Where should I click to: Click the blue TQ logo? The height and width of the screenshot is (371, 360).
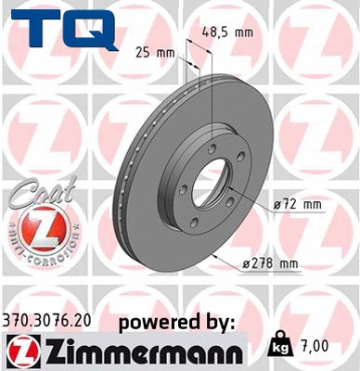[x=64, y=28]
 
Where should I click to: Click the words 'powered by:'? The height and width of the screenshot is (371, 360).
[x=176, y=322]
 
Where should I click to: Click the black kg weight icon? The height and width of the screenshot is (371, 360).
[x=279, y=345]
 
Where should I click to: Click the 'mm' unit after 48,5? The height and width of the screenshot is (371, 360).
[x=245, y=32]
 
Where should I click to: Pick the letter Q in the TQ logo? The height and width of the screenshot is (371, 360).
[x=91, y=30]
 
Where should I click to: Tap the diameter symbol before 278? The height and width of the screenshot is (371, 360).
[x=246, y=264]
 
